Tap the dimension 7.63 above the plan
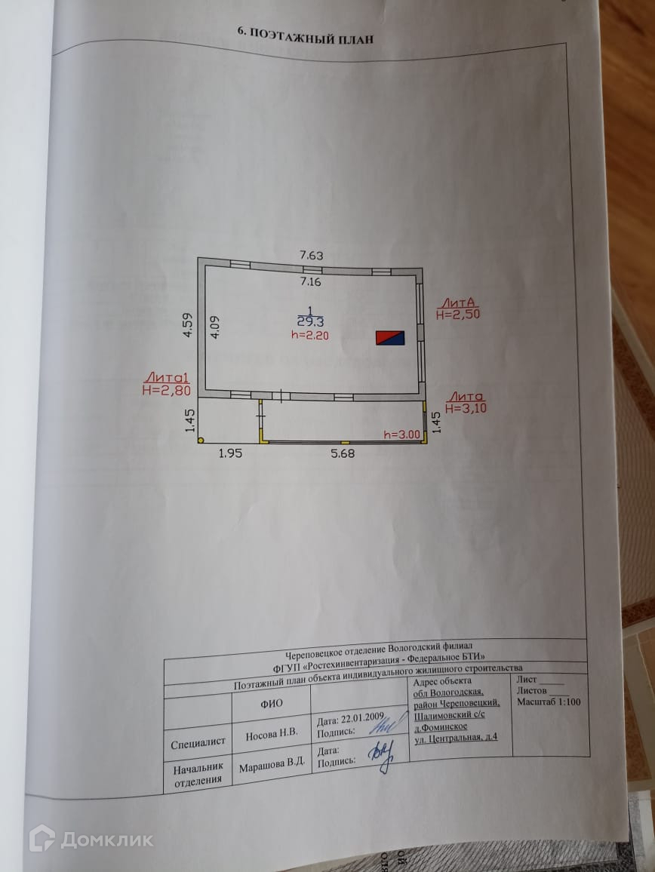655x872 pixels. pos(311,256)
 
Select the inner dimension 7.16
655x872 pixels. pos(311,282)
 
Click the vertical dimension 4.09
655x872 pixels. pos(214,327)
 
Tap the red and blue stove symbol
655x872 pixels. pos(391,337)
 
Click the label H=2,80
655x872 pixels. pos(166,390)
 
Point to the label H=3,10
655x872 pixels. pos(466,408)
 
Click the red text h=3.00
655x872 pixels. pos(400,434)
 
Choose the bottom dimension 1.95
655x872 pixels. pos(232,453)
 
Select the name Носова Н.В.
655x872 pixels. pos(272,732)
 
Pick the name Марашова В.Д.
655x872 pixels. pos(272,763)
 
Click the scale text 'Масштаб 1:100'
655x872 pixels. pos(549,702)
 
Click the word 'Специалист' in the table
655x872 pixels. pos(198,742)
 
